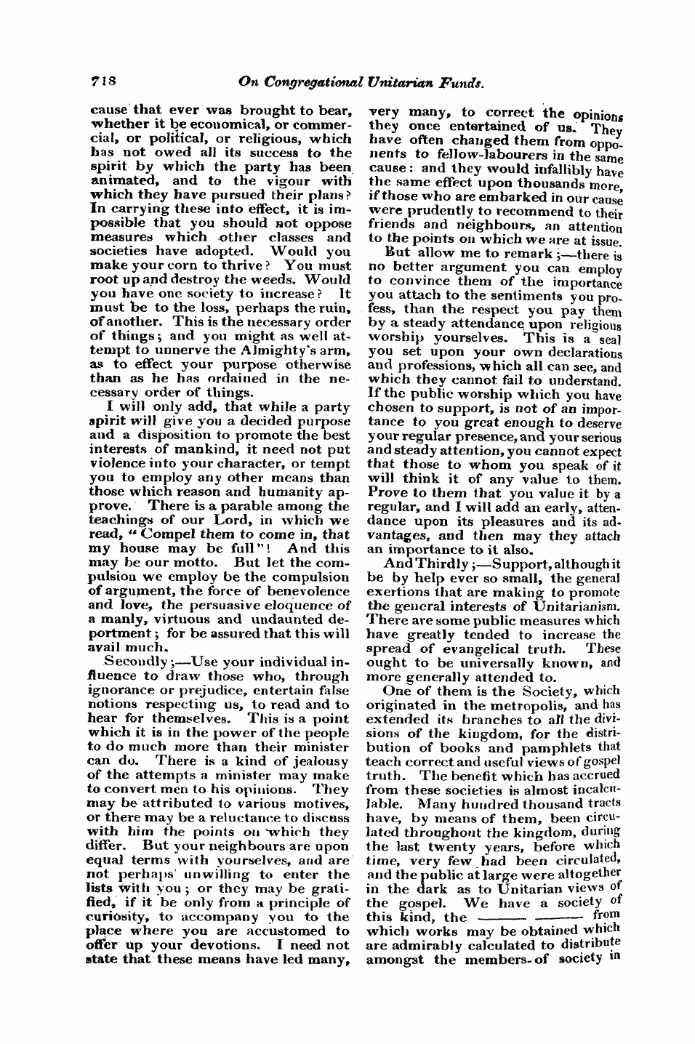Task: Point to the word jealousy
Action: (313, 761)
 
